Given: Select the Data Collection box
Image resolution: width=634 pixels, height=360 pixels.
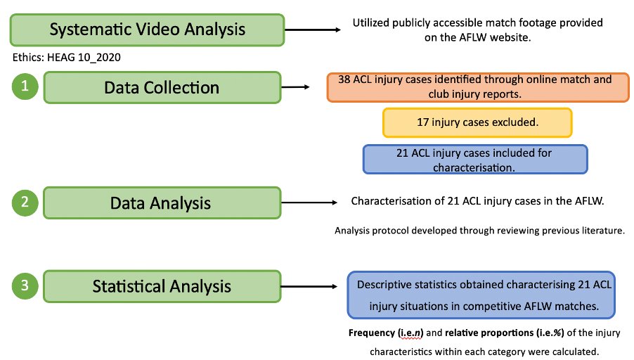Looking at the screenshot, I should pyautogui.click(x=162, y=88).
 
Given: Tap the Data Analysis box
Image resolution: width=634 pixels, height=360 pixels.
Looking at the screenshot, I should pyautogui.click(x=162, y=203).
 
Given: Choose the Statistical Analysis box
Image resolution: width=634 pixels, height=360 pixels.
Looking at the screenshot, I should pyautogui.click(x=162, y=287).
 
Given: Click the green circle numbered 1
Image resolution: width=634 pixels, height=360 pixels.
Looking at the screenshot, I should pyautogui.click(x=24, y=87).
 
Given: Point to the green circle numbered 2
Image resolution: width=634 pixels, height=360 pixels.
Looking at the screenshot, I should pyautogui.click(x=24, y=202).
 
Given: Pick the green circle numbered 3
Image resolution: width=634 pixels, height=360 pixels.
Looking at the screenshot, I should pyautogui.click(x=24, y=286).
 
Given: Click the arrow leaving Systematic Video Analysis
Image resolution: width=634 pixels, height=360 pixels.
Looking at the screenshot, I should pyautogui.click(x=312, y=30).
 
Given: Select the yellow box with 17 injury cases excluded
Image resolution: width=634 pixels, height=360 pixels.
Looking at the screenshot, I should pyautogui.click(x=477, y=122).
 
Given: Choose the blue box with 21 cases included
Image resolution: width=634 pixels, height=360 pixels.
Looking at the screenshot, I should pyautogui.click(x=474, y=160).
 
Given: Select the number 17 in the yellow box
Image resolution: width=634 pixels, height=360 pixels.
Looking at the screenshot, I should pyautogui.click(x=424, y=122).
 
